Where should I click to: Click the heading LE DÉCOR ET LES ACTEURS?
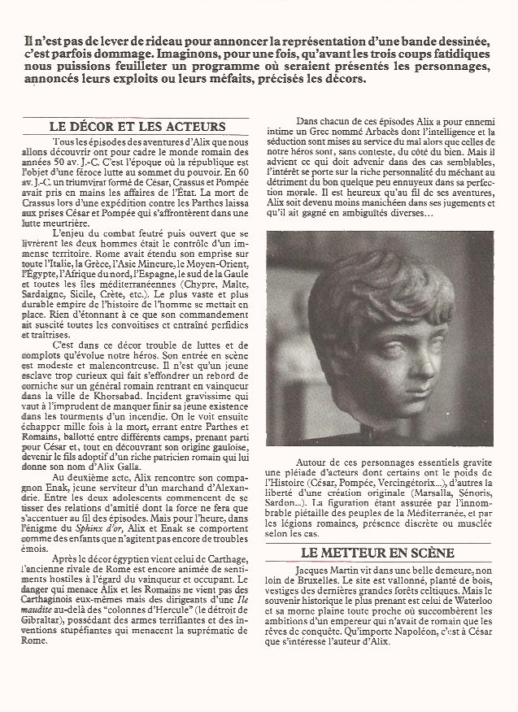(137, 127)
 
